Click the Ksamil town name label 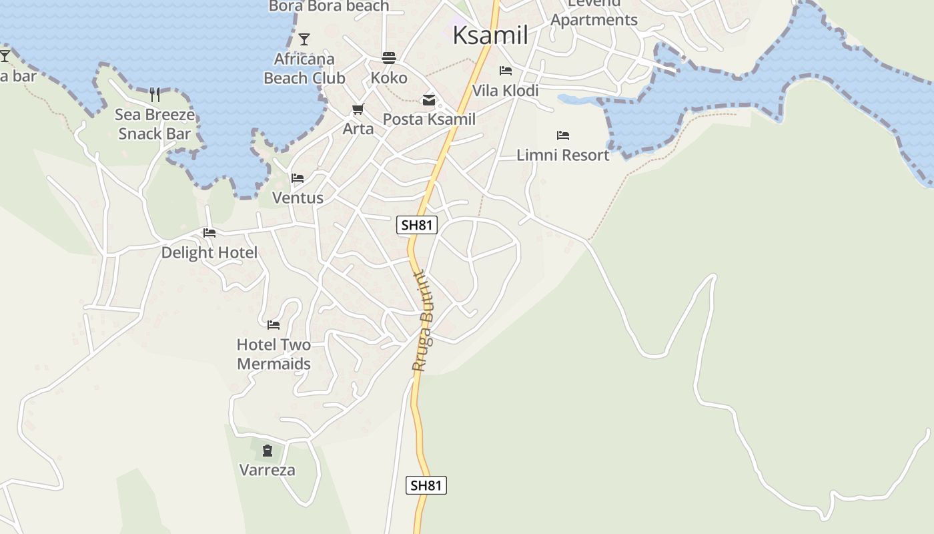[x=490, y=35]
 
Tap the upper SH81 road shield [x=417, y=225]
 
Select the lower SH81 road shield [x=426, y=485]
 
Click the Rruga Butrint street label [x=423, y=321]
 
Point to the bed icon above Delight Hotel [x=209, y=233]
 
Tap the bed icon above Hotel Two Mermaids [x=274, y=325]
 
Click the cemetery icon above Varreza [x=268, y=451]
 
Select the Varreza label [x=267, y=470]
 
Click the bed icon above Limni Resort [x=563, y=136]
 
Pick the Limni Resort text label [x=563, y=155]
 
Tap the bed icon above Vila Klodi [x=506, y=71]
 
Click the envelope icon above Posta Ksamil [x=429, y=100]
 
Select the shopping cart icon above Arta [x=358, y=109]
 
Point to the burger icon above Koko [x=389, y=58]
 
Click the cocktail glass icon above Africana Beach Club [x=304, y=39]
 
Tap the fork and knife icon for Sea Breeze [x=155, y=94]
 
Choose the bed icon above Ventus [x=298, y=178]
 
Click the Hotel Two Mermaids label [x=274, y=354]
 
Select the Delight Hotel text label [x=209, y=252]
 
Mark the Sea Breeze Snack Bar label [x=155, y=124]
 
